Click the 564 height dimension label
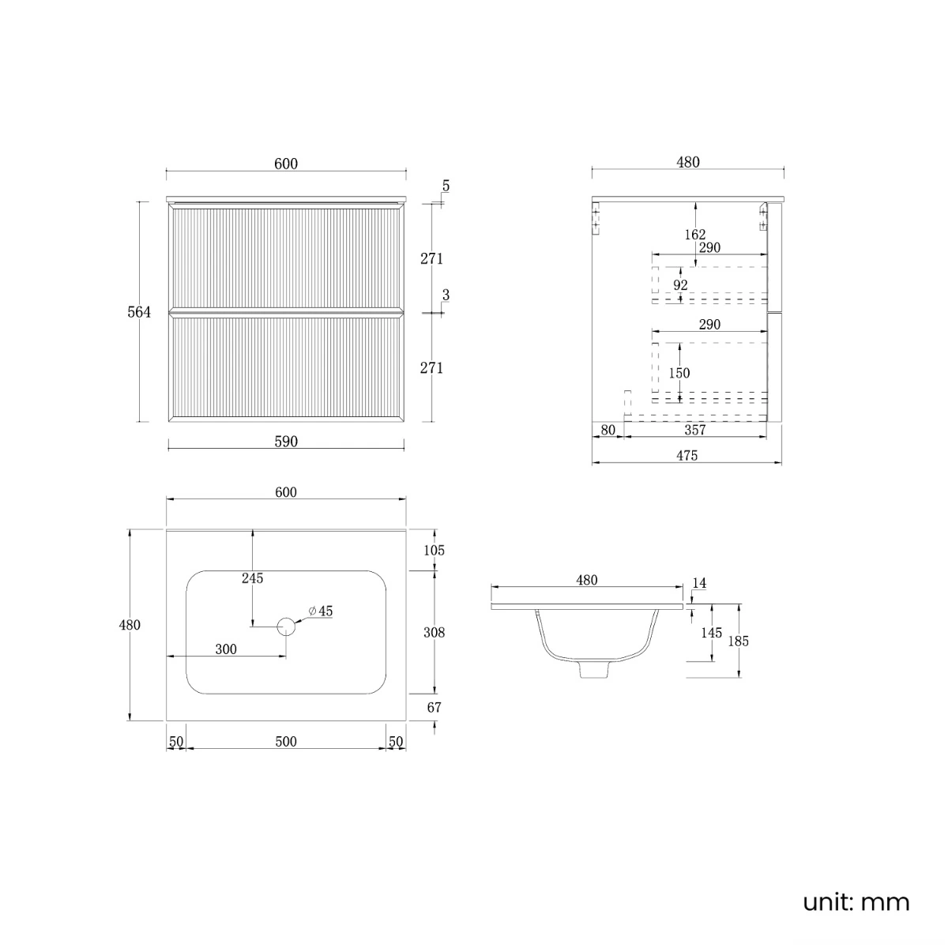tap(139, 312)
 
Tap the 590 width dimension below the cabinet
tap(286, 442)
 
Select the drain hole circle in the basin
tap(286, 626)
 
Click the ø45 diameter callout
tap(321, 611)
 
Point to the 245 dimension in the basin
tap(252, 578)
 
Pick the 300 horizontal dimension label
tap(226, 649)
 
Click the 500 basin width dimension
tap(286, 741)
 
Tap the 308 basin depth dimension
tap(434, 633)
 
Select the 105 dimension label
tap(434, 551)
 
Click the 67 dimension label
tap(434, 707)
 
